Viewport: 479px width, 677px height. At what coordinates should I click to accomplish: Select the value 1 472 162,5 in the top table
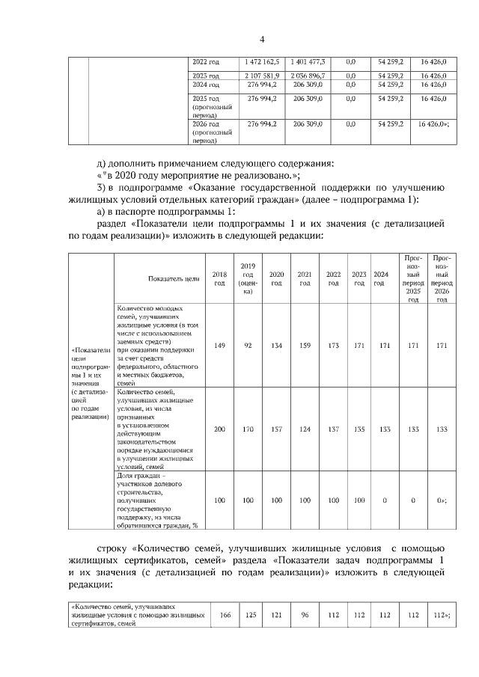(262, 61)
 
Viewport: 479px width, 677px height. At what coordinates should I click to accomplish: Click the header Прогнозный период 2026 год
(442, 278)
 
